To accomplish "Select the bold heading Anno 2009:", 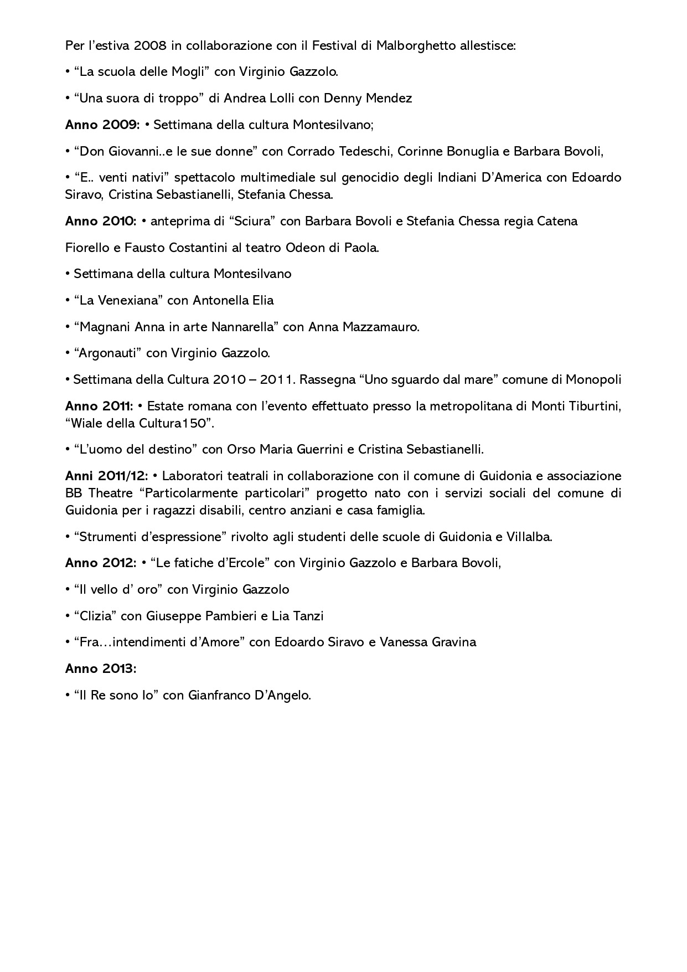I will click(102, 125).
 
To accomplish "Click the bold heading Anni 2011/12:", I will click(106, 476).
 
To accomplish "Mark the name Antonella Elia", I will click(233, 300).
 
